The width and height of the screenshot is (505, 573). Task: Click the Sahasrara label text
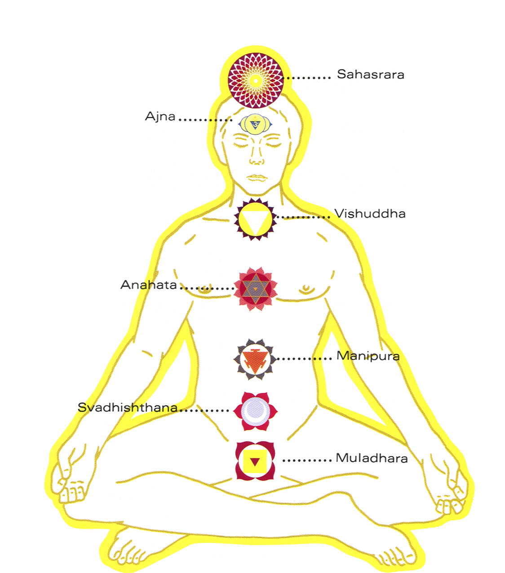(370, 74)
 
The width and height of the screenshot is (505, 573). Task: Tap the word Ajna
(160, 116)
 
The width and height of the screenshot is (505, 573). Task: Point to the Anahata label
(149, 285)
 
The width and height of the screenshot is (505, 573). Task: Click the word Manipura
(368, 356)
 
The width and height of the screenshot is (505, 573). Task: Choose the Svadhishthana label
(128, 407)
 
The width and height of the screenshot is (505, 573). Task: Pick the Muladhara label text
(372, 458)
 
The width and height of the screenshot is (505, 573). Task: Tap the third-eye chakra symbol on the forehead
(255, 124)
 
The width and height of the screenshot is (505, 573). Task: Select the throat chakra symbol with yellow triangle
(255, 219)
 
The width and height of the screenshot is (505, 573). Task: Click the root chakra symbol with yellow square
(255, 461)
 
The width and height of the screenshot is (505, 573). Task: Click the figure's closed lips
(257, 177)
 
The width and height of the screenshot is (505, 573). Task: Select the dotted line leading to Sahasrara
(309, 78)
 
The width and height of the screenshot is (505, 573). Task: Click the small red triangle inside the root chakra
(255, 462)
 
